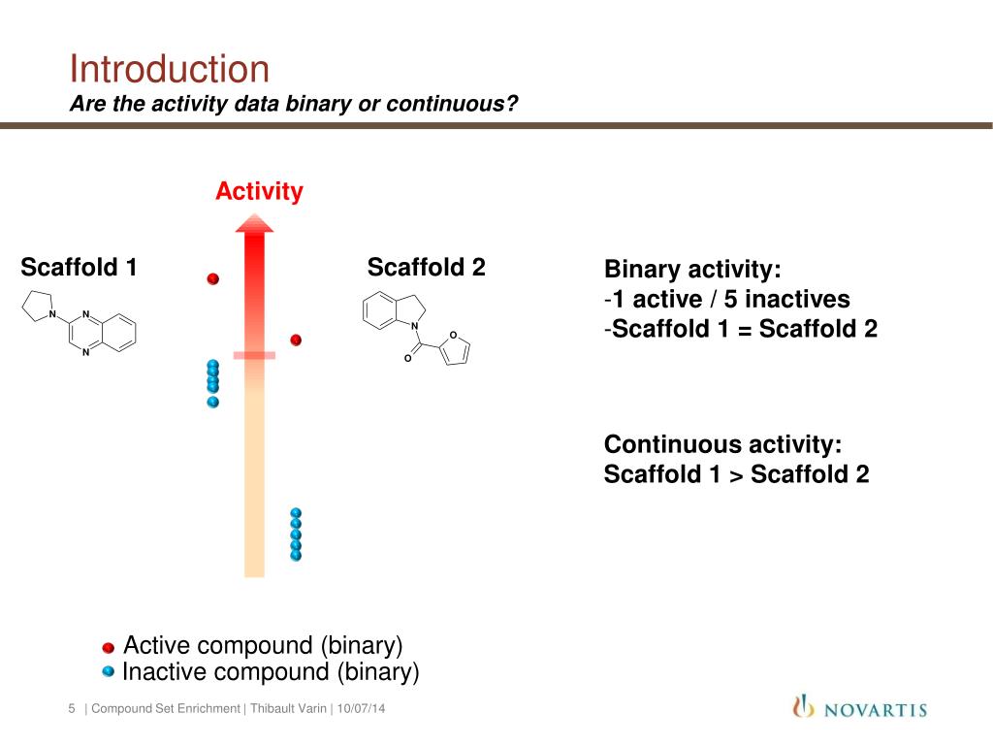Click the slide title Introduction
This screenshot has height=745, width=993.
pos(170,70)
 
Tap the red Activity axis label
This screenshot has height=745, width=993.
pos(259,192)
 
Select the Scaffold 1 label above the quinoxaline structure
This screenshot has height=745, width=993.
pos(79,267)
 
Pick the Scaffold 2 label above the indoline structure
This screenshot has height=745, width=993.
pos(426,267)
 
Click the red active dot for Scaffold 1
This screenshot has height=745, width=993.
pos(213,279)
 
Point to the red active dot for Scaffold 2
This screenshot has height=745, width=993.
pos(297,340)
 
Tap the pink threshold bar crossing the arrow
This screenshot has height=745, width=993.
pos(254,355)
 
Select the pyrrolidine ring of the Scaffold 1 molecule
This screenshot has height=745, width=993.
pos(38,306)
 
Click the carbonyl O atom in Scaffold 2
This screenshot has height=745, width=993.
pos(408,359)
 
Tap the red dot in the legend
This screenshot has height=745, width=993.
pos(109,647)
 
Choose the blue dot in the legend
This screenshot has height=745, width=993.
pos(109,670)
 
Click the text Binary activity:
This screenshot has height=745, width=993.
pos(692,270)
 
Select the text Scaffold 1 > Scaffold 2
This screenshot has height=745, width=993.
pos(736,474)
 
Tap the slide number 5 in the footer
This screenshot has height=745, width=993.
pos(72,709)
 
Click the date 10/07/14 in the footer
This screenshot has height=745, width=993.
pos(361,709)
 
